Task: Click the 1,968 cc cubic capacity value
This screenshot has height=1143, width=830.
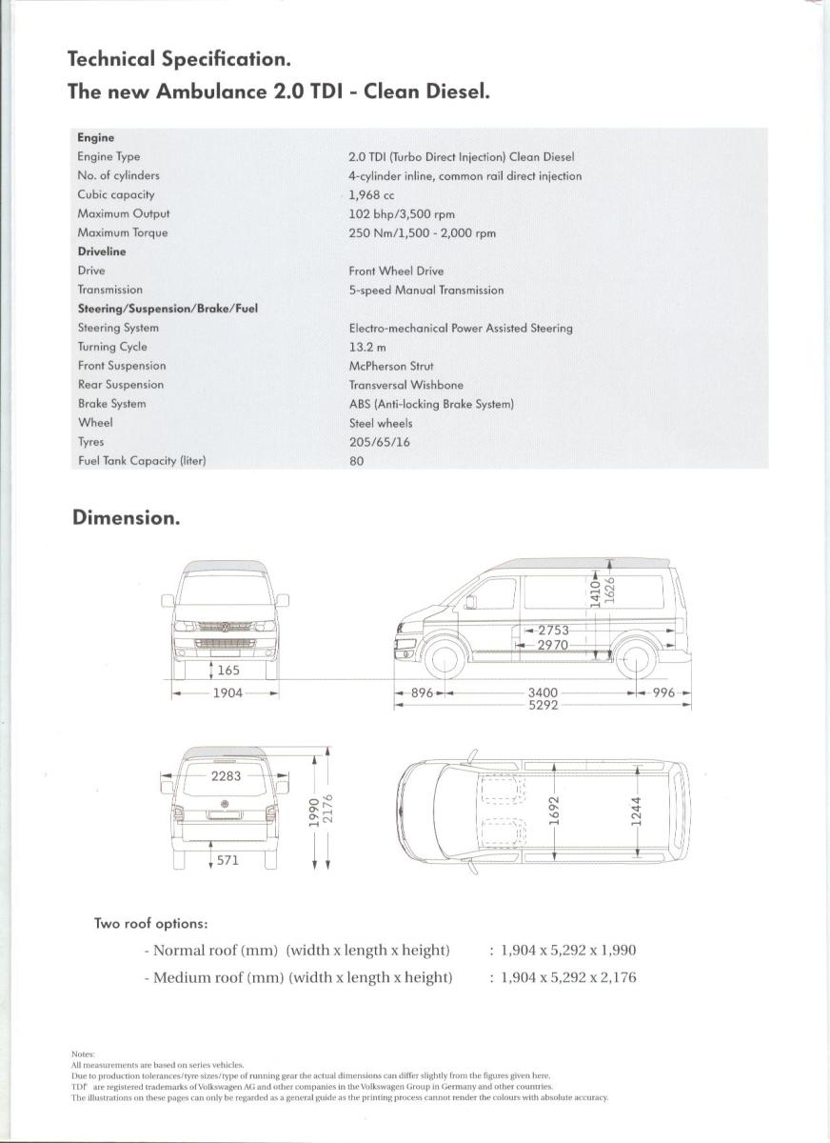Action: point(371,195)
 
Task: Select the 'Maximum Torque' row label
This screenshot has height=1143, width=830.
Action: point(122,233)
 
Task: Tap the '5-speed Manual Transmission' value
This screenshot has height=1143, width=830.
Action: point(425,291)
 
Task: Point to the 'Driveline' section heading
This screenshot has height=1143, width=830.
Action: point(101,252)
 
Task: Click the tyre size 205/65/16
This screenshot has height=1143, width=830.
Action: point(379,443)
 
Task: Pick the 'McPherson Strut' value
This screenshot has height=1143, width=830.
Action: point(390,367)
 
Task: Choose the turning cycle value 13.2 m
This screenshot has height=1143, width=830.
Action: point(366,348)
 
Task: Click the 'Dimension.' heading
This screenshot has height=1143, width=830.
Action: point(126,518)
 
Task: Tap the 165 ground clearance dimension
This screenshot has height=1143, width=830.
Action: point(227,671)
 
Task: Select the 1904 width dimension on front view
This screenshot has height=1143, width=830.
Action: point(227,693)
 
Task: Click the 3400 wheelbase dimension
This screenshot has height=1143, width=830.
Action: point(543,692)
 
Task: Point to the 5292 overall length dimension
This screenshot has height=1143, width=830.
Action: point(543,706)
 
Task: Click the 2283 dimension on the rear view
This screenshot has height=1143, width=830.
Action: point(226,776)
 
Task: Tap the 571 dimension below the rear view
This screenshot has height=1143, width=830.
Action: point(227,860)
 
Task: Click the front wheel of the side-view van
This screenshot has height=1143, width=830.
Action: point(443,657)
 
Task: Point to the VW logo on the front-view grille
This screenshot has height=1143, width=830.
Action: point(226,627)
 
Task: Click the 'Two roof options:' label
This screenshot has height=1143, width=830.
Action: point(150,924)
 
